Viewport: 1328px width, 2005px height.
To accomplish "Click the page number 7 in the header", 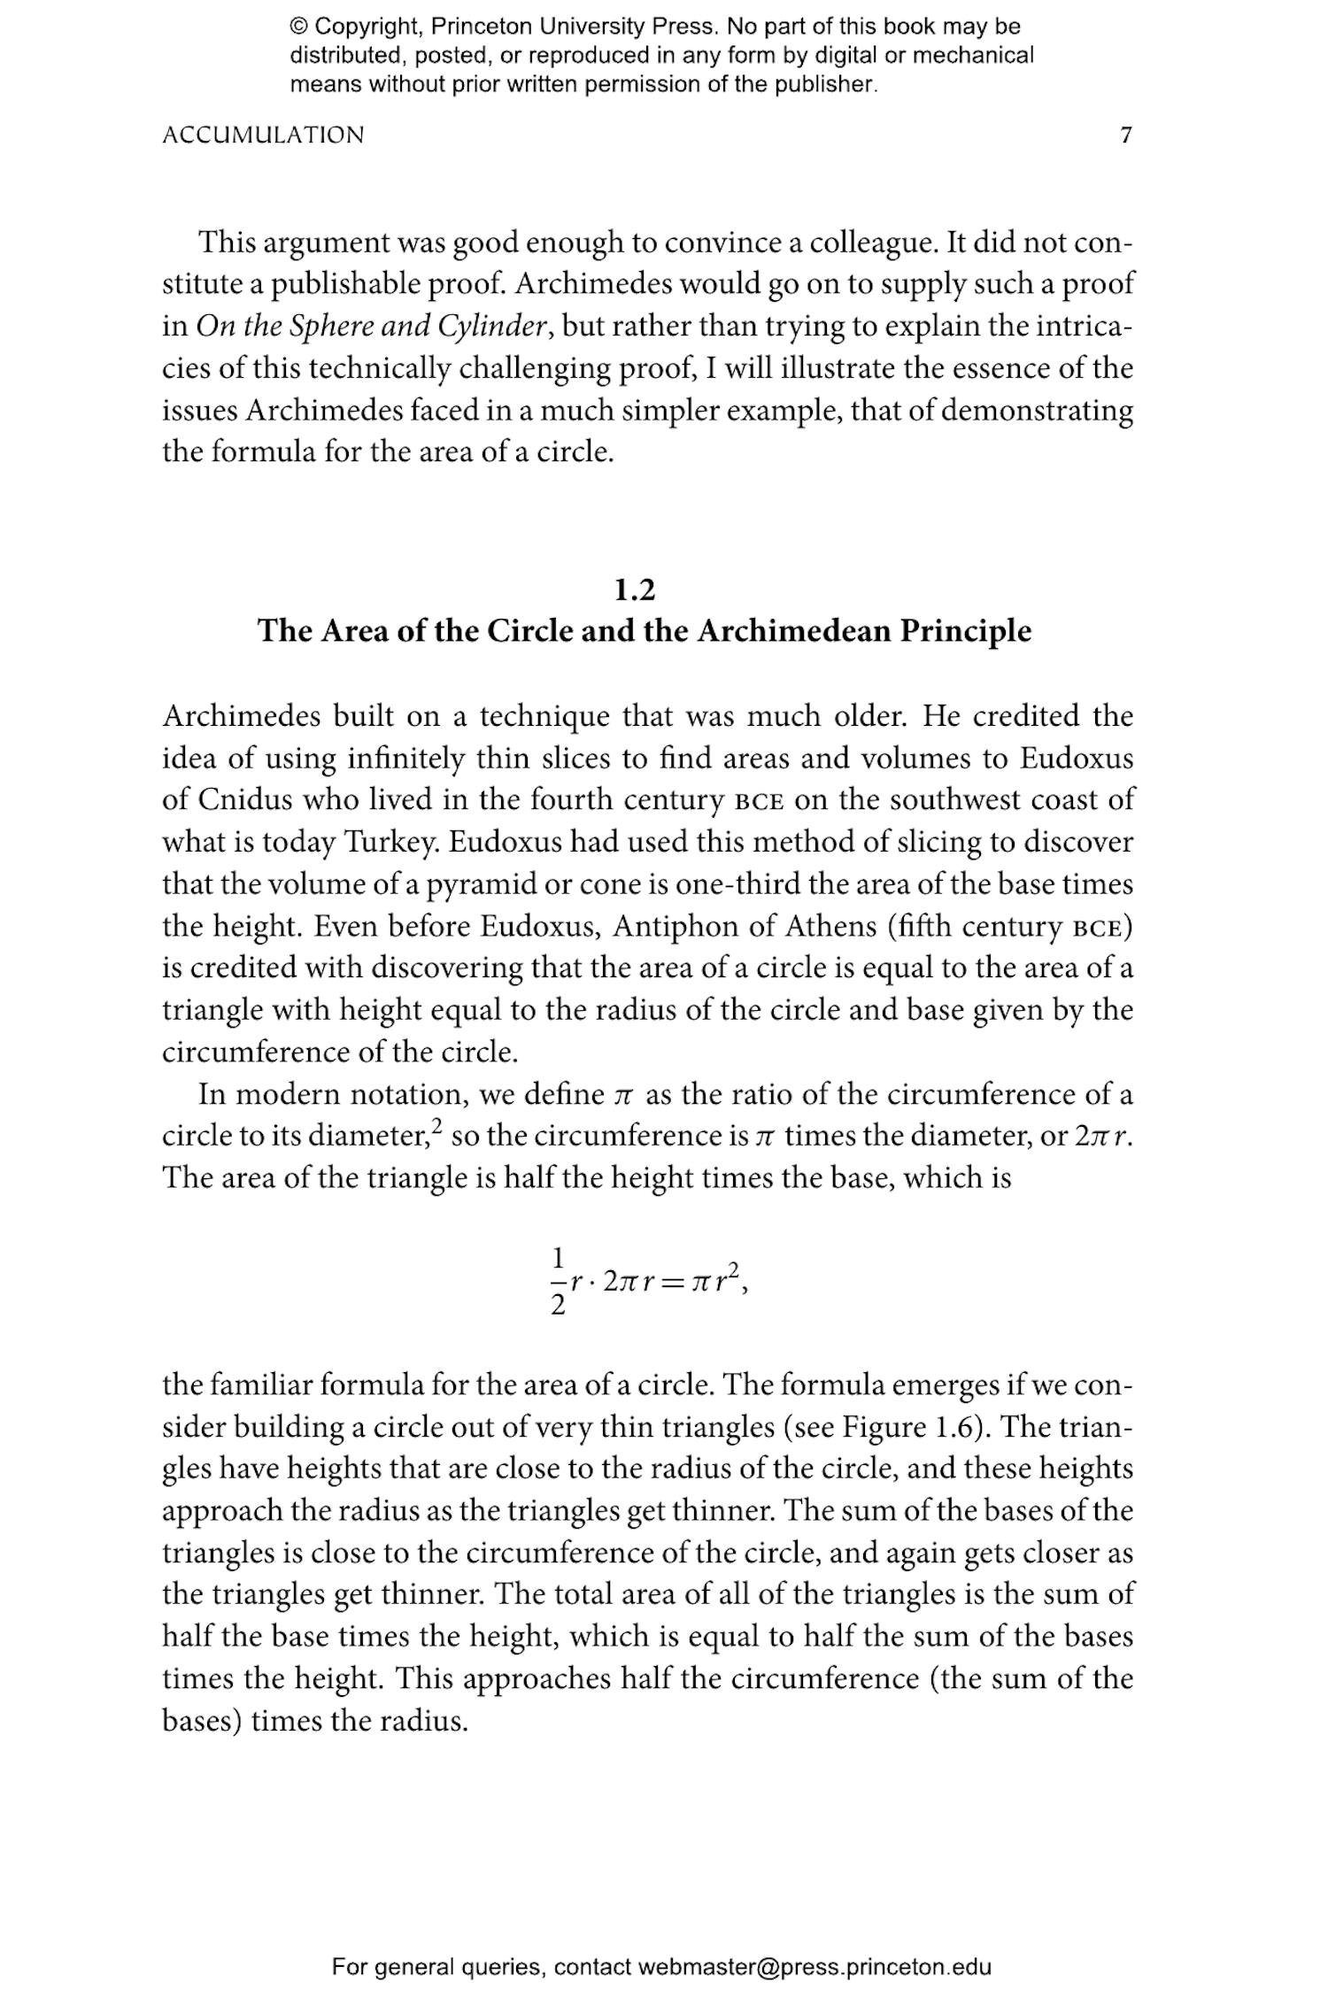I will [1125, 135].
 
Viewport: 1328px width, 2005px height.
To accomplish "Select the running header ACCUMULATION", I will [263, 135].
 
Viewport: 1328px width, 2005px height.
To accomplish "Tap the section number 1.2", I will [635, 590].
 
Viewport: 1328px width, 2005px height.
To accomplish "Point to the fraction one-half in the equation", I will [558, 1280].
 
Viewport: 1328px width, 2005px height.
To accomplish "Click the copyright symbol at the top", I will [298, 27].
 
